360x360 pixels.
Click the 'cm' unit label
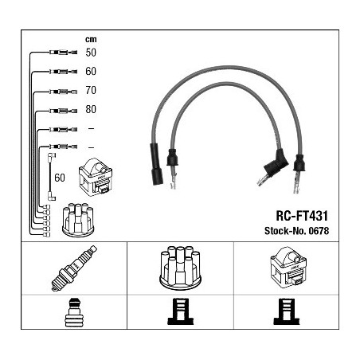(91, 40)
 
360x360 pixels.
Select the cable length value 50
(91, 53)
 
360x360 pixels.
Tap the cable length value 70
(91, 90)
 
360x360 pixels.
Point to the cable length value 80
(91, 109)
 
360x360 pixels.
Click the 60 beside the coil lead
(60, 178)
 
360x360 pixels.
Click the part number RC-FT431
(302, 216)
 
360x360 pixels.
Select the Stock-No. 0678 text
(296, 231)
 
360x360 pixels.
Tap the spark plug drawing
(74, 268)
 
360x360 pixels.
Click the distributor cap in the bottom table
(180, 268)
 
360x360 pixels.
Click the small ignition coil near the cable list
(96, 177)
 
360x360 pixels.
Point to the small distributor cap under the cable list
(78, 220)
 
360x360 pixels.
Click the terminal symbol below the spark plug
(74, 312)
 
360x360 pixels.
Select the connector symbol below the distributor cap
(181, 311)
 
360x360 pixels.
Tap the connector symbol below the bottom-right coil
(287, 311)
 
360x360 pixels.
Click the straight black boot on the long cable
(156, 164)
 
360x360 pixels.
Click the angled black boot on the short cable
(276, 164)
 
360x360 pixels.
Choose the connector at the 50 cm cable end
(64, 53)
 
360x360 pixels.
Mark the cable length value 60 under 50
(91, 72)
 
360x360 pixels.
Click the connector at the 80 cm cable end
(64, 111)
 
